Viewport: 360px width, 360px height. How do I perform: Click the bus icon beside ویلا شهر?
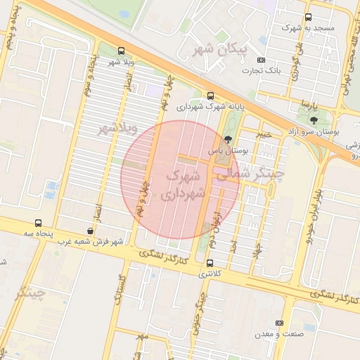click(122, 51)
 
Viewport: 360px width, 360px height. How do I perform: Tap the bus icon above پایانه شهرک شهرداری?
click(211, 96)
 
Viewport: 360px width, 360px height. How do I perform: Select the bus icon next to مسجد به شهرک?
click(308, 18)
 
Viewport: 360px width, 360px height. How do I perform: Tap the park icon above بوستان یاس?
click(226, 139)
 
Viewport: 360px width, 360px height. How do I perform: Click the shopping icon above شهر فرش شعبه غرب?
click(89, 231)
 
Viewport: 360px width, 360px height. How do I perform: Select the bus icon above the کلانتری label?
click(210, 262)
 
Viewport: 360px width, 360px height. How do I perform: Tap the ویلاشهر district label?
click(115, 129)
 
